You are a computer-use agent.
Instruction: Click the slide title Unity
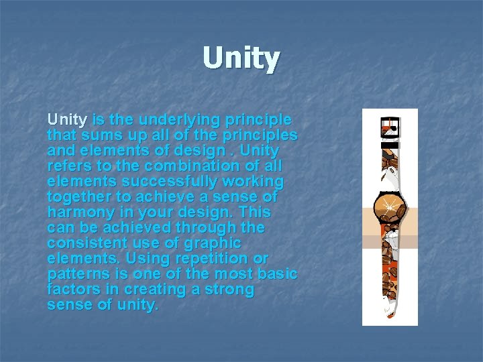pyautogui.click(x=241, y=58)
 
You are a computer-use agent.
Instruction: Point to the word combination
pyautogui.click(x=177, y=166)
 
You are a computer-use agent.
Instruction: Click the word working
pyautogui.click(x=256, y=182)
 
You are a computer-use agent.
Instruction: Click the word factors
pyautogui.click(x=71, y=290)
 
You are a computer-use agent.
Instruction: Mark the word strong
pyautogui.click(x=231, y=290)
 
